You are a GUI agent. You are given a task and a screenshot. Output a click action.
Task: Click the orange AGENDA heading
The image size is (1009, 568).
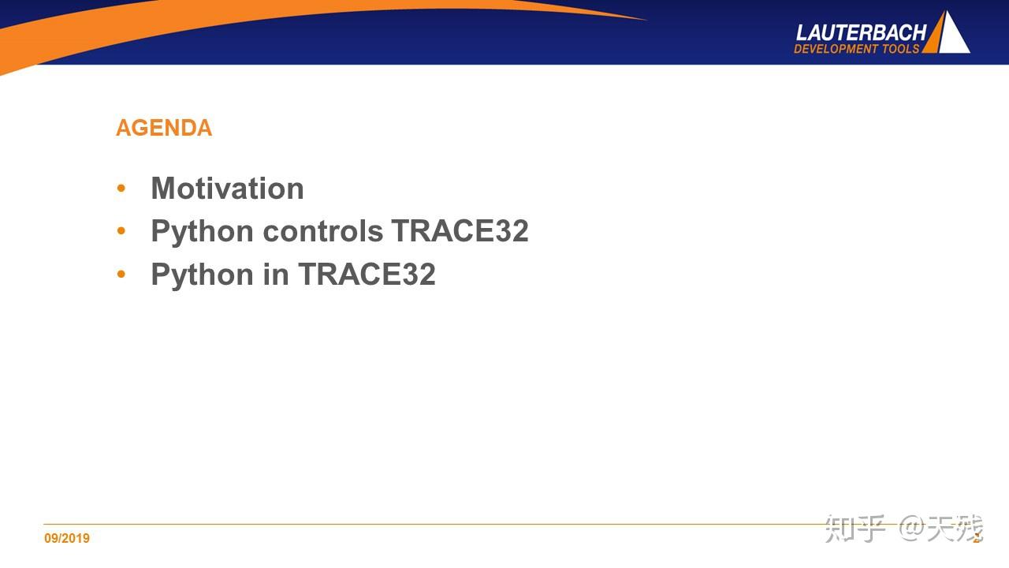click(x=164, y=128)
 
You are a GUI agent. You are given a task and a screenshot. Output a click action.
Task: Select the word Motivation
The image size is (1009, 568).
click(x=227, y=189)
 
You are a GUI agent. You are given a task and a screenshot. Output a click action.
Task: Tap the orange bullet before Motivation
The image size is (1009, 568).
click(x=121, y=189)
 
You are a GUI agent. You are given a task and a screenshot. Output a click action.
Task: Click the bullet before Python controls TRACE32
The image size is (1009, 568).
click(x=121, y=231)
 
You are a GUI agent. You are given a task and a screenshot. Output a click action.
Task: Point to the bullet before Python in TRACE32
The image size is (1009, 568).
click(x=121, y=275)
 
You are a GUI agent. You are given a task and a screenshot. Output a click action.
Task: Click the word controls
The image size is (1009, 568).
click(x=323, y=231)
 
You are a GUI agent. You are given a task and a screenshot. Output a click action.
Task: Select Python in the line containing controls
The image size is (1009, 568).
click(x=203, y=232)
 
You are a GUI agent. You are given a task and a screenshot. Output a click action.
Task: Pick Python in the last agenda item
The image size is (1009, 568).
click(x=203, y=275)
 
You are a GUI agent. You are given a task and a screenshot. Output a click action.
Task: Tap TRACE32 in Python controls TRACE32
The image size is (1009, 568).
click(x=460, y=231)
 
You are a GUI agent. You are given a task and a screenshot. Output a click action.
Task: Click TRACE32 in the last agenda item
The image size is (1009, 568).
click(x=367, y=275)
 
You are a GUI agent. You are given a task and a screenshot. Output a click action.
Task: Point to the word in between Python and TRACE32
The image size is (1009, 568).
click(x=276, y=275)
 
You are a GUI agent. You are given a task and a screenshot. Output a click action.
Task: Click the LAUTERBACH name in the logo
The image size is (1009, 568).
click(x=861, y=32)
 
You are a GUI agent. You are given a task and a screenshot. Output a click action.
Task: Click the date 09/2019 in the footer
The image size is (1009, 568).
click(x=67, y=539)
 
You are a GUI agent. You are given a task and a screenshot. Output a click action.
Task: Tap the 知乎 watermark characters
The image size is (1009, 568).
click(x=855, y=529)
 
